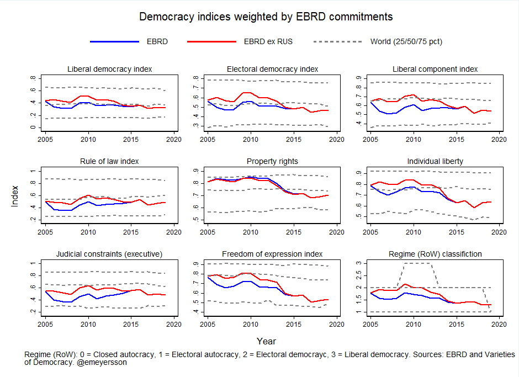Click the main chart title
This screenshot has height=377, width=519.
[x=266, y=17]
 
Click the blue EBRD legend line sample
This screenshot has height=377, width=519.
[x=114, y=41]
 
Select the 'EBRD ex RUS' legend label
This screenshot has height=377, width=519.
[x=268, y=41]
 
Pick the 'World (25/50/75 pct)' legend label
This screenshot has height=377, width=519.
[x=406, y=41]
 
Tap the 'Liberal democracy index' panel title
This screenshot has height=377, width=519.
[x=109, y=69]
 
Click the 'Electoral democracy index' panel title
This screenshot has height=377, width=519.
[x=272, y=69]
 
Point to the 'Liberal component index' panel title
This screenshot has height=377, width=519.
[x=435, y=69]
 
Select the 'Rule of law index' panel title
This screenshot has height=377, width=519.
[x=109, y=161]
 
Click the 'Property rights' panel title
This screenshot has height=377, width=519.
[x=272, y=161]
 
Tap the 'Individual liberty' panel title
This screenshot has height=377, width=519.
[x=435, y=161]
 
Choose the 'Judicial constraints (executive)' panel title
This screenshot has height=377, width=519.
[x=109, y=254]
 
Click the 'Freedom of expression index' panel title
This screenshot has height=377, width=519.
[x=272, y=254]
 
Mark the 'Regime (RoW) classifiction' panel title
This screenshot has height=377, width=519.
[x=435, y=254]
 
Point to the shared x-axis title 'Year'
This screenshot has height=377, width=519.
[x=266, y=341]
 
